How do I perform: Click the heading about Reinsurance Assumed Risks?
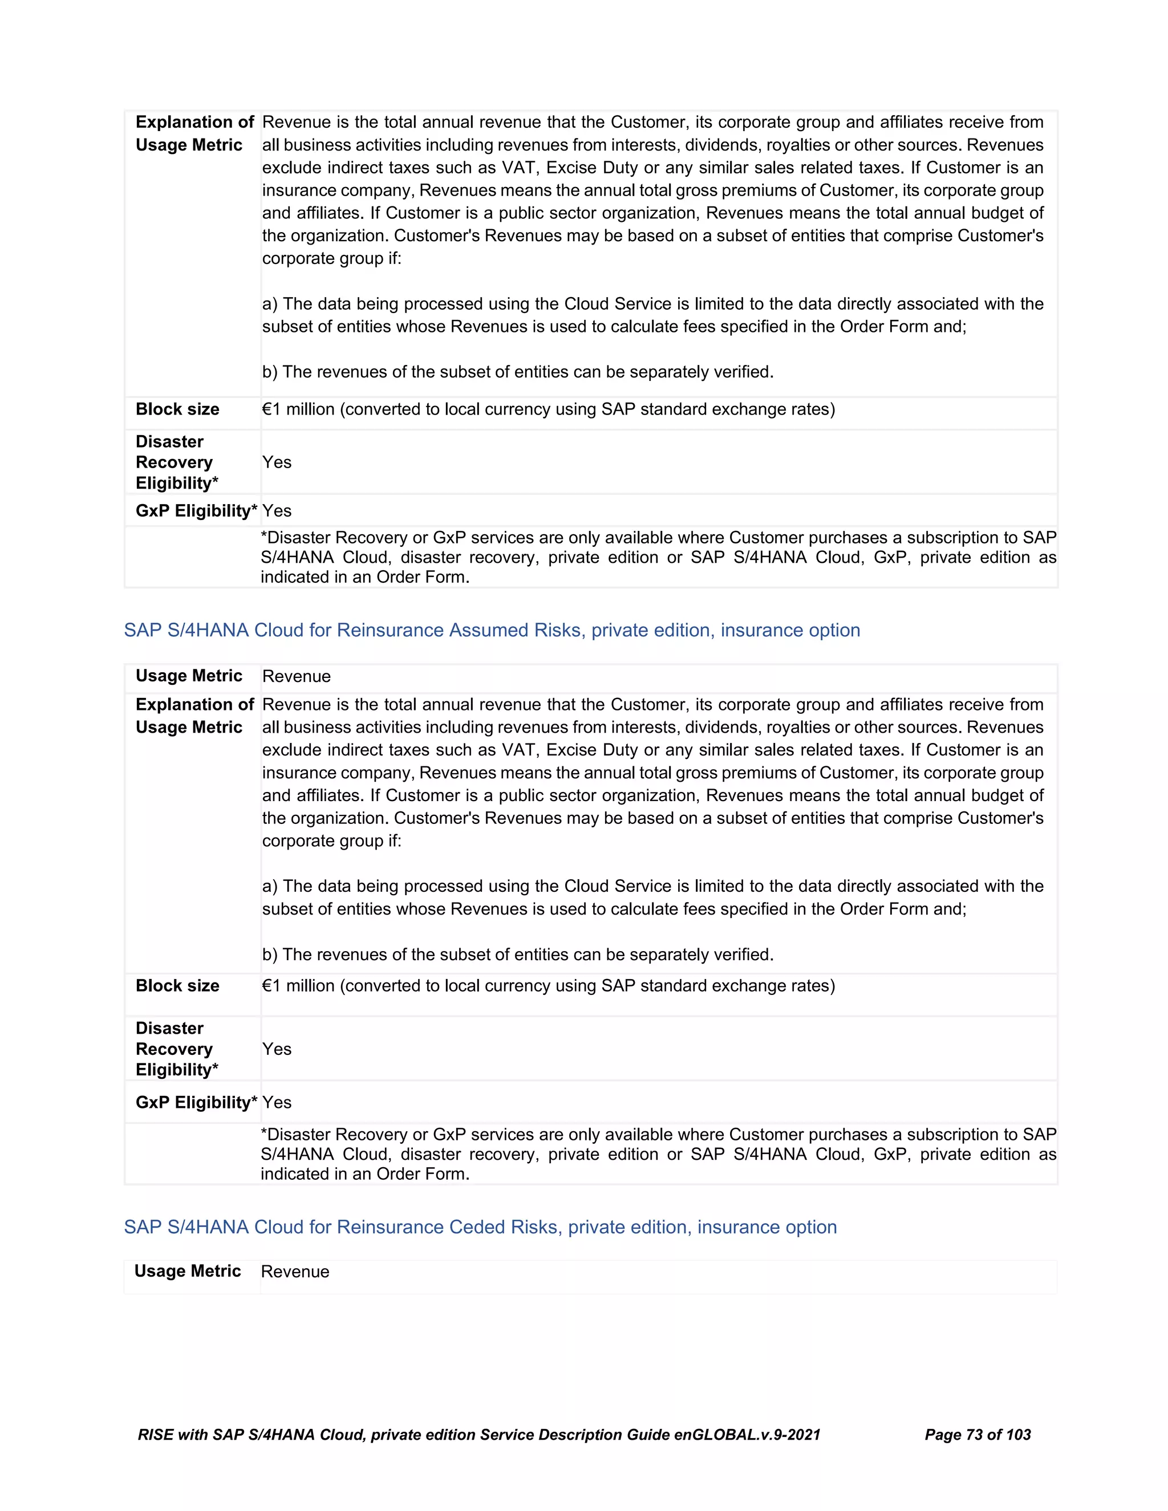click(491, 630)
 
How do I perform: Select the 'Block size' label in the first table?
click(177, 409)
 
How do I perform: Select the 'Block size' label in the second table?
click(177, 985)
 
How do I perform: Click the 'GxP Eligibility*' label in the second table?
click(196, 1102)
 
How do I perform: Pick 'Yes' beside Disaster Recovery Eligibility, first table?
click(277, 462)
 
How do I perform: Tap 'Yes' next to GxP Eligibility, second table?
click(277, 1102)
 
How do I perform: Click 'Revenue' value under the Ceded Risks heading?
click(295, 1272)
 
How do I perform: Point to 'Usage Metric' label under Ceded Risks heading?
click(188, 1271)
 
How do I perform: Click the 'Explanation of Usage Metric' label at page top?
click(194, 133)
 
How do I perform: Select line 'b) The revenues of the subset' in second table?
click(518, 954)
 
